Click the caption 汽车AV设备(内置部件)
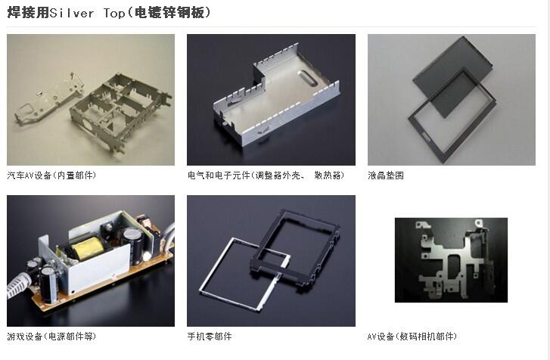[x=51, y=175]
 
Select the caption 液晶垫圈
[x=386, y=175]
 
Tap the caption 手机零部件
[x=210, y=337]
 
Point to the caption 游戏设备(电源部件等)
[x=51, y=337]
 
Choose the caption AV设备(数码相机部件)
[x=412, y=337]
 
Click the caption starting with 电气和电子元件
[x=266, y=175]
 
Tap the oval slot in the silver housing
[x=308, y=78]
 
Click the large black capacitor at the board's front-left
[x=48, y=284]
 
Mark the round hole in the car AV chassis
[x=86, y=126]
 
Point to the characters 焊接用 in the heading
[x=28, y=13]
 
